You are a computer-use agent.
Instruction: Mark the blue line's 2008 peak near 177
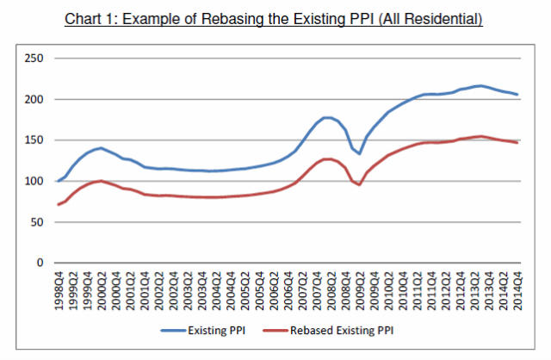(x=327, y=118)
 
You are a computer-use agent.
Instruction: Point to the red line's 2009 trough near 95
(x=360, y=184)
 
